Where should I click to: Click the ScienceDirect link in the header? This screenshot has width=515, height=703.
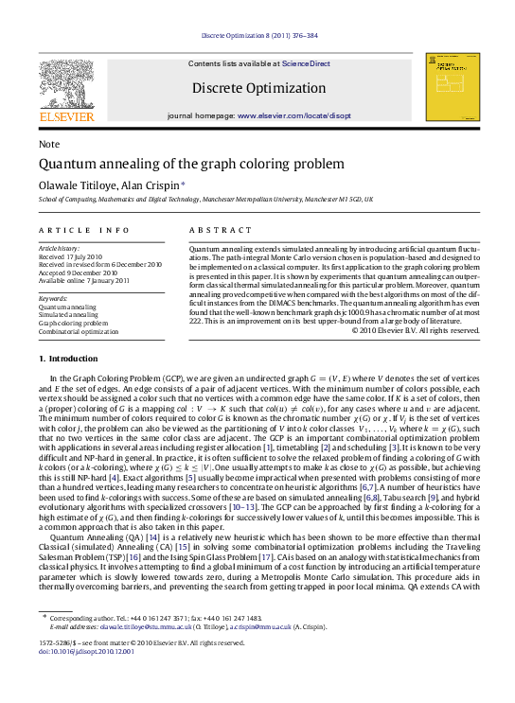(306, 63)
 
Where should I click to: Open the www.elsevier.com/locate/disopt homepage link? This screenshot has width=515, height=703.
(293, 114)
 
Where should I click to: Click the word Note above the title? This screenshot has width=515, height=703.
(48, 144)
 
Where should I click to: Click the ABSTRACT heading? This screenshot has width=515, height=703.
(221, 230)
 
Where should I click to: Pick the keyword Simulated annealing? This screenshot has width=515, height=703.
(69, 315)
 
